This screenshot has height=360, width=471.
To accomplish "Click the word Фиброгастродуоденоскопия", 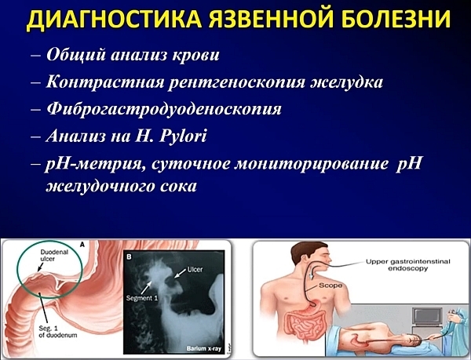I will [163, 109].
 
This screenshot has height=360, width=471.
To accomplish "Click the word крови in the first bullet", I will [195, 56].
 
